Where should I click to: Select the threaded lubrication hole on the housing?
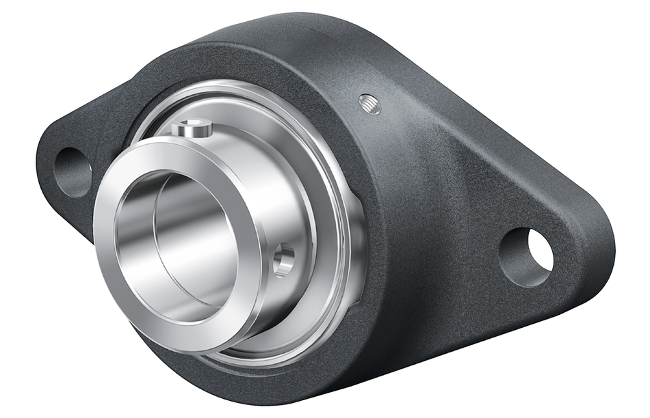(x=369, y=104)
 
